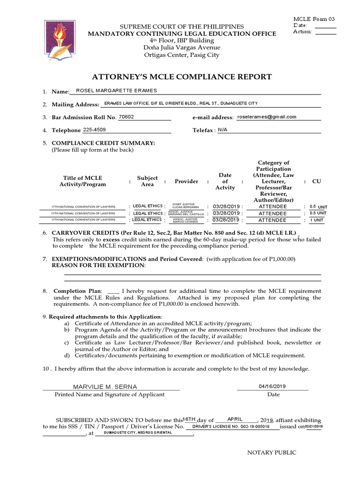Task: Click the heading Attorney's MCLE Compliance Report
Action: click(182, 77)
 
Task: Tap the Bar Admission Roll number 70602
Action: click(126, 117)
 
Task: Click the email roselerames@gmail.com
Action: click(267, 117)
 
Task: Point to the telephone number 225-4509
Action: click(94, 130)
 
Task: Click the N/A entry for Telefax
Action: click(223, 130)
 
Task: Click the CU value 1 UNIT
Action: click(317, 220)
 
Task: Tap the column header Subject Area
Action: click(147, 181)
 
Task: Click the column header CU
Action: click(316, 181)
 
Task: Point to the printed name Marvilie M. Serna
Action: click(98, 387)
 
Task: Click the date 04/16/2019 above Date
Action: click(273, 386)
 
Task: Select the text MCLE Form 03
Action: click(314, 19)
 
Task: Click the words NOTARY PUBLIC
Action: click(272, 452)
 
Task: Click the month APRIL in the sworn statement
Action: click(235, 419)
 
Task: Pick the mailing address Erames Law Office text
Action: click(181, 103)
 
